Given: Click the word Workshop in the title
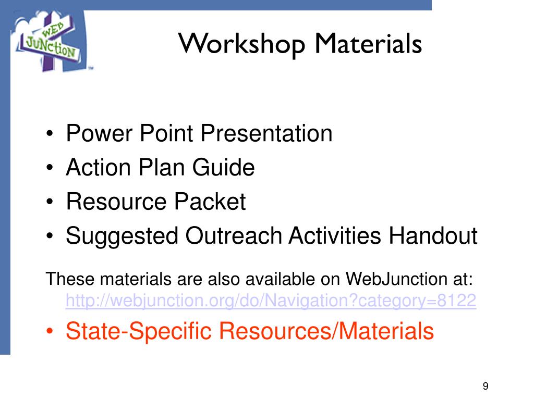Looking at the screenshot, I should coord(242,44).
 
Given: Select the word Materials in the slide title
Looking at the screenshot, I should coord(367,44).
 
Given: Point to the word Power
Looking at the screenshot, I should coord(99,134).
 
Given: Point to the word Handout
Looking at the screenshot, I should coord(432,236).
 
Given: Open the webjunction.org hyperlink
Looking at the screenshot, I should coord(271,301).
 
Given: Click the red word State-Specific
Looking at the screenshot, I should coord(138,331).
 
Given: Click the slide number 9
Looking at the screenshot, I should coord(486,386).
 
